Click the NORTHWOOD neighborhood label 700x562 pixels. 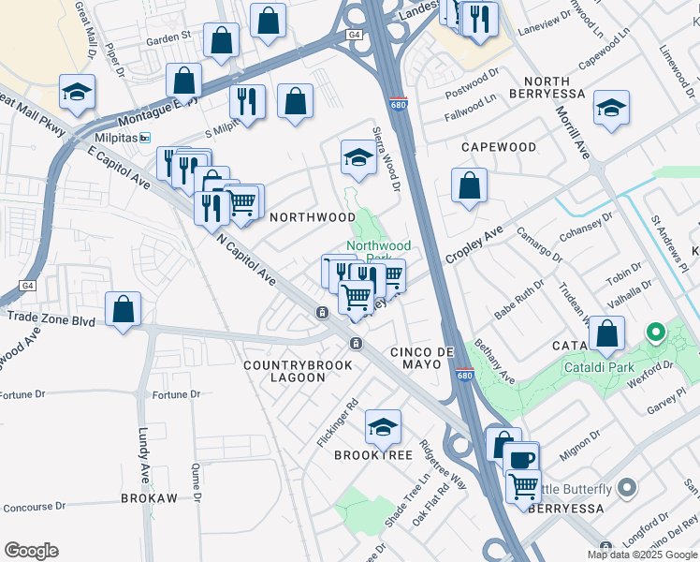[312, 217]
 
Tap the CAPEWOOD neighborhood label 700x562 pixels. [499, 148]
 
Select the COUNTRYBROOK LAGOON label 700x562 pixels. [284, 371]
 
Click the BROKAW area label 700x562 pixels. [149, 498]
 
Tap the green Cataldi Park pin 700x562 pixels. [656, 332]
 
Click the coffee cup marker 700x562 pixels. [521, 459]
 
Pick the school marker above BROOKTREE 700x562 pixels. [383, 427]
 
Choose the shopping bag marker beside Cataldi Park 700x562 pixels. [607, 333]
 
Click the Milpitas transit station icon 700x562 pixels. [144, 138]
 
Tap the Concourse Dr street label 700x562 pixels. [34, 507]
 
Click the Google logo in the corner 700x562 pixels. [31, 551]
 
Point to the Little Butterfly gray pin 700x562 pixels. [626, 488]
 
